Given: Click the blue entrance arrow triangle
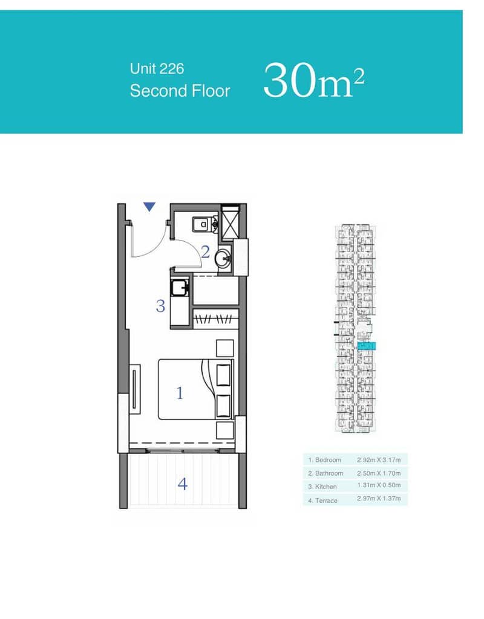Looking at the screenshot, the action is point(149,207).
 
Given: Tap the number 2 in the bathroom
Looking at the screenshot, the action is point(205,252).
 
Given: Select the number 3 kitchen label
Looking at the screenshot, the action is point(160,306).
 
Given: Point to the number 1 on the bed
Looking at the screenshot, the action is point(180,393).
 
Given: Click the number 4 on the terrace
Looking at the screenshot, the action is point(182,484).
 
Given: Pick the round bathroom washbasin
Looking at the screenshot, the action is point(224,259).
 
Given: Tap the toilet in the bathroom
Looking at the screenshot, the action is point(204,224).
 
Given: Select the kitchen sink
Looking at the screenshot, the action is point(179,287).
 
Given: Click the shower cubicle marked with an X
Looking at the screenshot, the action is point(230,222).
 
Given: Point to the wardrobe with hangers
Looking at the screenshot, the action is point(215,319).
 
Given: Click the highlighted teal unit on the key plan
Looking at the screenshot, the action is point(367,346).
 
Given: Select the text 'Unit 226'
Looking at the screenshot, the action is point(157,69).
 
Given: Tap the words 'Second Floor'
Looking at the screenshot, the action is point(180,91).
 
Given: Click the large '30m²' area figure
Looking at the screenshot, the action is point(314,80).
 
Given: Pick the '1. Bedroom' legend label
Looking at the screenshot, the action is point(325,460).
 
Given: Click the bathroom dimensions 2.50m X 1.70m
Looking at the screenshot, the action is point(379,473).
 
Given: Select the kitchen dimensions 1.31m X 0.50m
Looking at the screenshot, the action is point(379,485).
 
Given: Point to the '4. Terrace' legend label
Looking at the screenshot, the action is point(323,501).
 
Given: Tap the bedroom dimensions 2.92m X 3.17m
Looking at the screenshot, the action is point(379,460).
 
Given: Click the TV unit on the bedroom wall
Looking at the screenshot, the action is point(135,389).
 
